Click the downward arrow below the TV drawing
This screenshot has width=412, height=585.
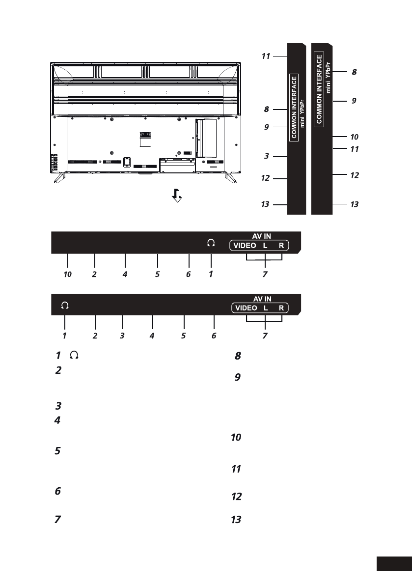pyautogui.click(x=177, y=195)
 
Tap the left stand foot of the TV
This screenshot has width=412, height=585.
pyautogui.click(x=59, y=178)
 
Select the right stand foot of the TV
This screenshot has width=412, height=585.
pyautogui.click(x=230, y=178)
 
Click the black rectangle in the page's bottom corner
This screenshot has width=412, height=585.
pyautogui.click(x=394, y=564)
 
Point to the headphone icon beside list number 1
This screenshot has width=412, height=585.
pyautogui.click(x=74, y=355)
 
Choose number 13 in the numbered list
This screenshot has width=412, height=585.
pyautogui.click(x=236, y=519)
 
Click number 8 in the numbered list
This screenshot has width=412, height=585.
pyautogui.click(x=238, y=356)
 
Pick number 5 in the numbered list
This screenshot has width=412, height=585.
pyautogui.click(x=57, y=451)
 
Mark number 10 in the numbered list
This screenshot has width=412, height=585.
pyautogui.click(x=236, y=437)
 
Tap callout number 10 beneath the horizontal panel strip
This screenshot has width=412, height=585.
pyautogui.click(x=67, y=274)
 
